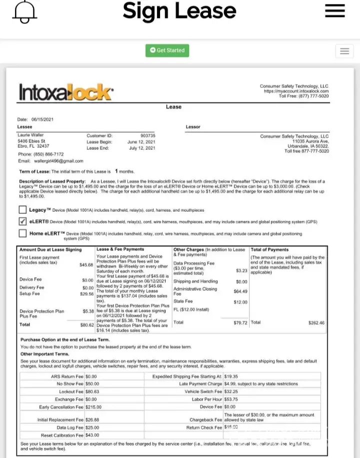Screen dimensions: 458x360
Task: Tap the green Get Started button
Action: [167, 50]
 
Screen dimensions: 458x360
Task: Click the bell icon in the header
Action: [25, 11]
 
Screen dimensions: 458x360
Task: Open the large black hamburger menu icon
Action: [334, 11]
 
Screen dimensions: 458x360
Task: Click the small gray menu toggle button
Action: [344, 51]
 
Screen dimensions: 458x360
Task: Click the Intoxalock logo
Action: [66, 92]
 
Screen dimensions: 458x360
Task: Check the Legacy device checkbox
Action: [22, 210]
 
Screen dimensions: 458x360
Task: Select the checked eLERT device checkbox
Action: [22, 221]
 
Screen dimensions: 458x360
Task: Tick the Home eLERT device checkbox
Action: [22, 233]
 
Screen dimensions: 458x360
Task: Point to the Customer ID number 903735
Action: [147, 135]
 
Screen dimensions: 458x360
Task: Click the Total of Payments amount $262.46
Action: [315, 323]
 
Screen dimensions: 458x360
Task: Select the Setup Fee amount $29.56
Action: [87, 294]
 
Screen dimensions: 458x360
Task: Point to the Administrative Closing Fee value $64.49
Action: [240, 291]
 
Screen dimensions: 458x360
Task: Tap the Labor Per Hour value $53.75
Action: [231, 399]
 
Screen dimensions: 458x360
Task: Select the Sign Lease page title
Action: [179, 11]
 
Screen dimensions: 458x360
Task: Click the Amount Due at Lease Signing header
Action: [50, 249]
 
